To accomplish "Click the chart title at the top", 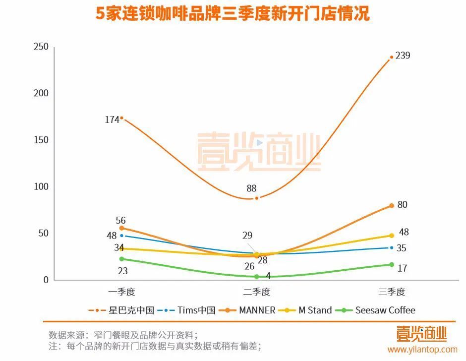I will tap(233, 13).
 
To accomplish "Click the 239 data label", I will tap(403, 56).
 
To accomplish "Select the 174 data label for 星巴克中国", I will tap(112, 120).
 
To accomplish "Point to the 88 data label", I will tap(251, 188).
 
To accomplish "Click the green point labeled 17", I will tap(392, 264).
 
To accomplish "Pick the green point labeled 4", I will tap(257, 277).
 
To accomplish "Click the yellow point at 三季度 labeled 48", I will tap(392, 236).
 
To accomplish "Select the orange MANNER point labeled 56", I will tap(121, 228).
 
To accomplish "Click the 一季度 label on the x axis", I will tap(121, 292).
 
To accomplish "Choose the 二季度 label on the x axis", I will tap(257, 292).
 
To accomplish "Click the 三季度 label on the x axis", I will tap(392, 292).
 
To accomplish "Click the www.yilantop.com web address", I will tap(422, 350).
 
